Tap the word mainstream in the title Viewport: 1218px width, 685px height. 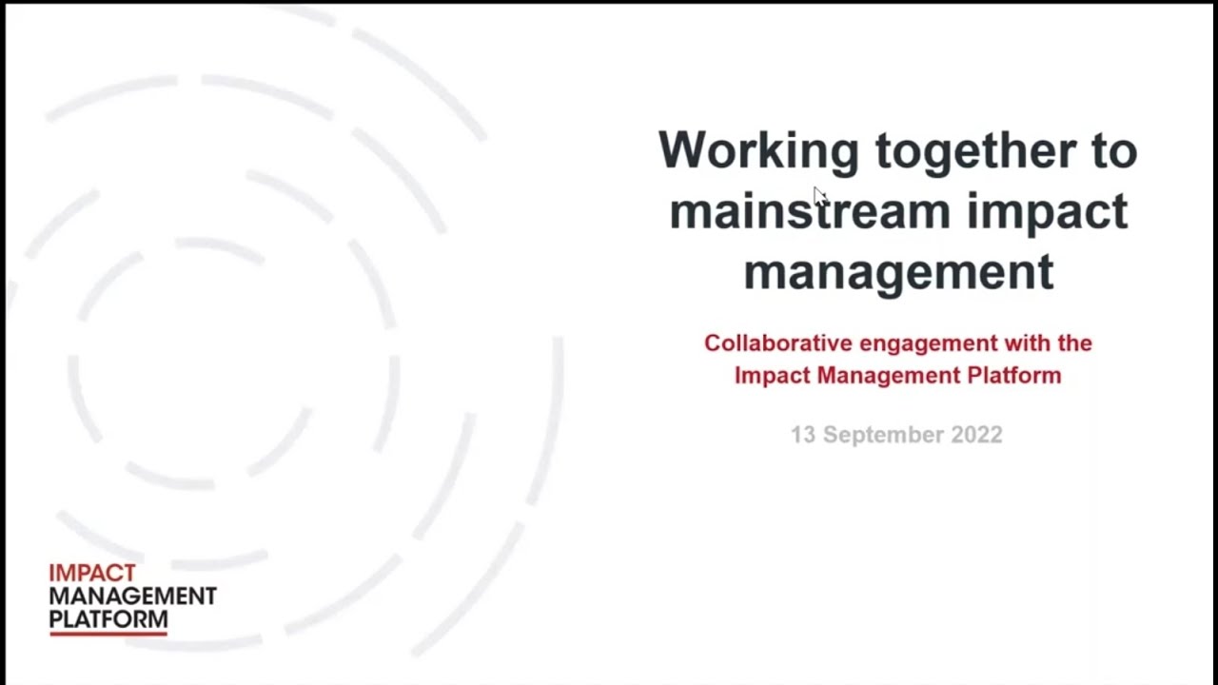809,211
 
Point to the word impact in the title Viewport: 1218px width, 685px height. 1047,211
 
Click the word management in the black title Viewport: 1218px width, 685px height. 898,272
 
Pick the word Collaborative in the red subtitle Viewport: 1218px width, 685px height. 778,342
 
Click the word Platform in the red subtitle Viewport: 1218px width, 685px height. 1014,375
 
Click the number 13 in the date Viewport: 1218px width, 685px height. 803,435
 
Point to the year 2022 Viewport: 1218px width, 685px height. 976,435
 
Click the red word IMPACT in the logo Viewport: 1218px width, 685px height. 92,574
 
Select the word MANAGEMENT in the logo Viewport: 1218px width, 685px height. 132,597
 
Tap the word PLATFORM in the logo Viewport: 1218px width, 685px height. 108,619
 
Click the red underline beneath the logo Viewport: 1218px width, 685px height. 108,633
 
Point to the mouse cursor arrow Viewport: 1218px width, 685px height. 819,194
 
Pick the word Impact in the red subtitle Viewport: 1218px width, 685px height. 772,375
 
